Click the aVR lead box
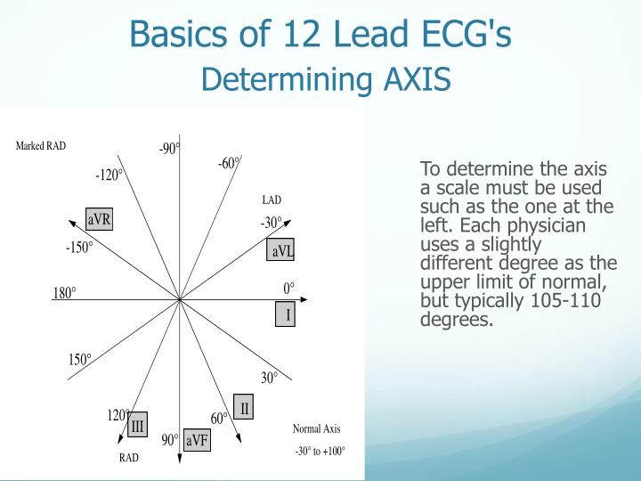coord(99,220)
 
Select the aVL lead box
coord(282,251)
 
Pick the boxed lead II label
coord(244,408)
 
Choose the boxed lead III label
coord(137,427)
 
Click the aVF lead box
coord(197,440)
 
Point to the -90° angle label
coord(169,149)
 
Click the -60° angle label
coord(229,163)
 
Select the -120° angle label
coord(110,175)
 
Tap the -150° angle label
coord(79,248)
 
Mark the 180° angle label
coord(65,293)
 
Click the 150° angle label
coord(80,360)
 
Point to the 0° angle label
coord(288,289)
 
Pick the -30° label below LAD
coord(272,223)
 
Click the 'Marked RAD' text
coord(41,146)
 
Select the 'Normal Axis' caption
coord(316,428)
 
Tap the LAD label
coord(272,200)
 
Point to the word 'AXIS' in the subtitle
coord(418,80)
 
